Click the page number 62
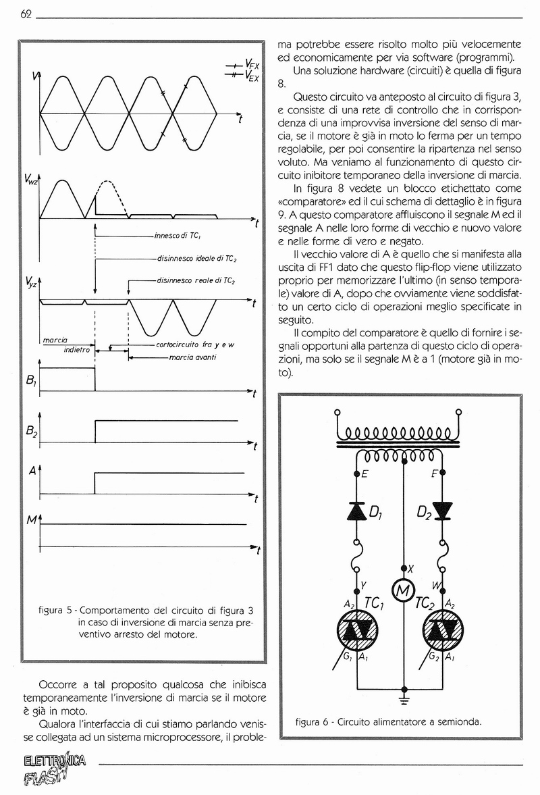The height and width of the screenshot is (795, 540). pyautogui.click(x=28, y=14)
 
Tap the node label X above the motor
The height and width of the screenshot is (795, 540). pyautogui.click(x=411, y=569)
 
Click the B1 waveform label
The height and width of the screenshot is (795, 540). pyautogui.click(x=30, y=382)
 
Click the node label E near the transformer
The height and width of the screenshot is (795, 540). pyautogui.click(x=364, y=474)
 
